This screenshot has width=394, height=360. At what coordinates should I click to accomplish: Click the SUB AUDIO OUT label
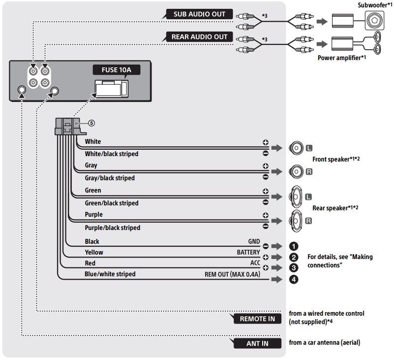coord(199,14)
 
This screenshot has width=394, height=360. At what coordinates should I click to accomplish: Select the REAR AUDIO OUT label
coord(199,37)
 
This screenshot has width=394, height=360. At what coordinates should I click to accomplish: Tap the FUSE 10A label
coord(117,69)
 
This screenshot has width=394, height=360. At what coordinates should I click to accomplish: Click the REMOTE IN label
coord(257,319)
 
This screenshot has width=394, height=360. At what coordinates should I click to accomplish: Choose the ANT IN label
coord(257,343)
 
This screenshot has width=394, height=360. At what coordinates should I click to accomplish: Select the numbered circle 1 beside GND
coord(294,245)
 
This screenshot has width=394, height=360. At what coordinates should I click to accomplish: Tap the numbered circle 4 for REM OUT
coord(294,279)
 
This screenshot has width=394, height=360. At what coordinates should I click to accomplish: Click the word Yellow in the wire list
coord(94,252)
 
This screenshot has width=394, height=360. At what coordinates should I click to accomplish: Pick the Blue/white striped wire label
coord(110,274)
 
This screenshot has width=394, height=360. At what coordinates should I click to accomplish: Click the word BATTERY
coord(248,252)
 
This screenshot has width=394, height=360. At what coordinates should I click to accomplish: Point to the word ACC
coord(255,263)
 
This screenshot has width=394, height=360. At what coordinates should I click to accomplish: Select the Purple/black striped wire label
coord(112,228)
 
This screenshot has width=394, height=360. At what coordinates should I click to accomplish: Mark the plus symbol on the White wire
coord(266,142)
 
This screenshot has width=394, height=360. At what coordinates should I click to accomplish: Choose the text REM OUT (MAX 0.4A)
coord(232,274)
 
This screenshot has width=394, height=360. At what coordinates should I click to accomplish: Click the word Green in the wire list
coord(93,190)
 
